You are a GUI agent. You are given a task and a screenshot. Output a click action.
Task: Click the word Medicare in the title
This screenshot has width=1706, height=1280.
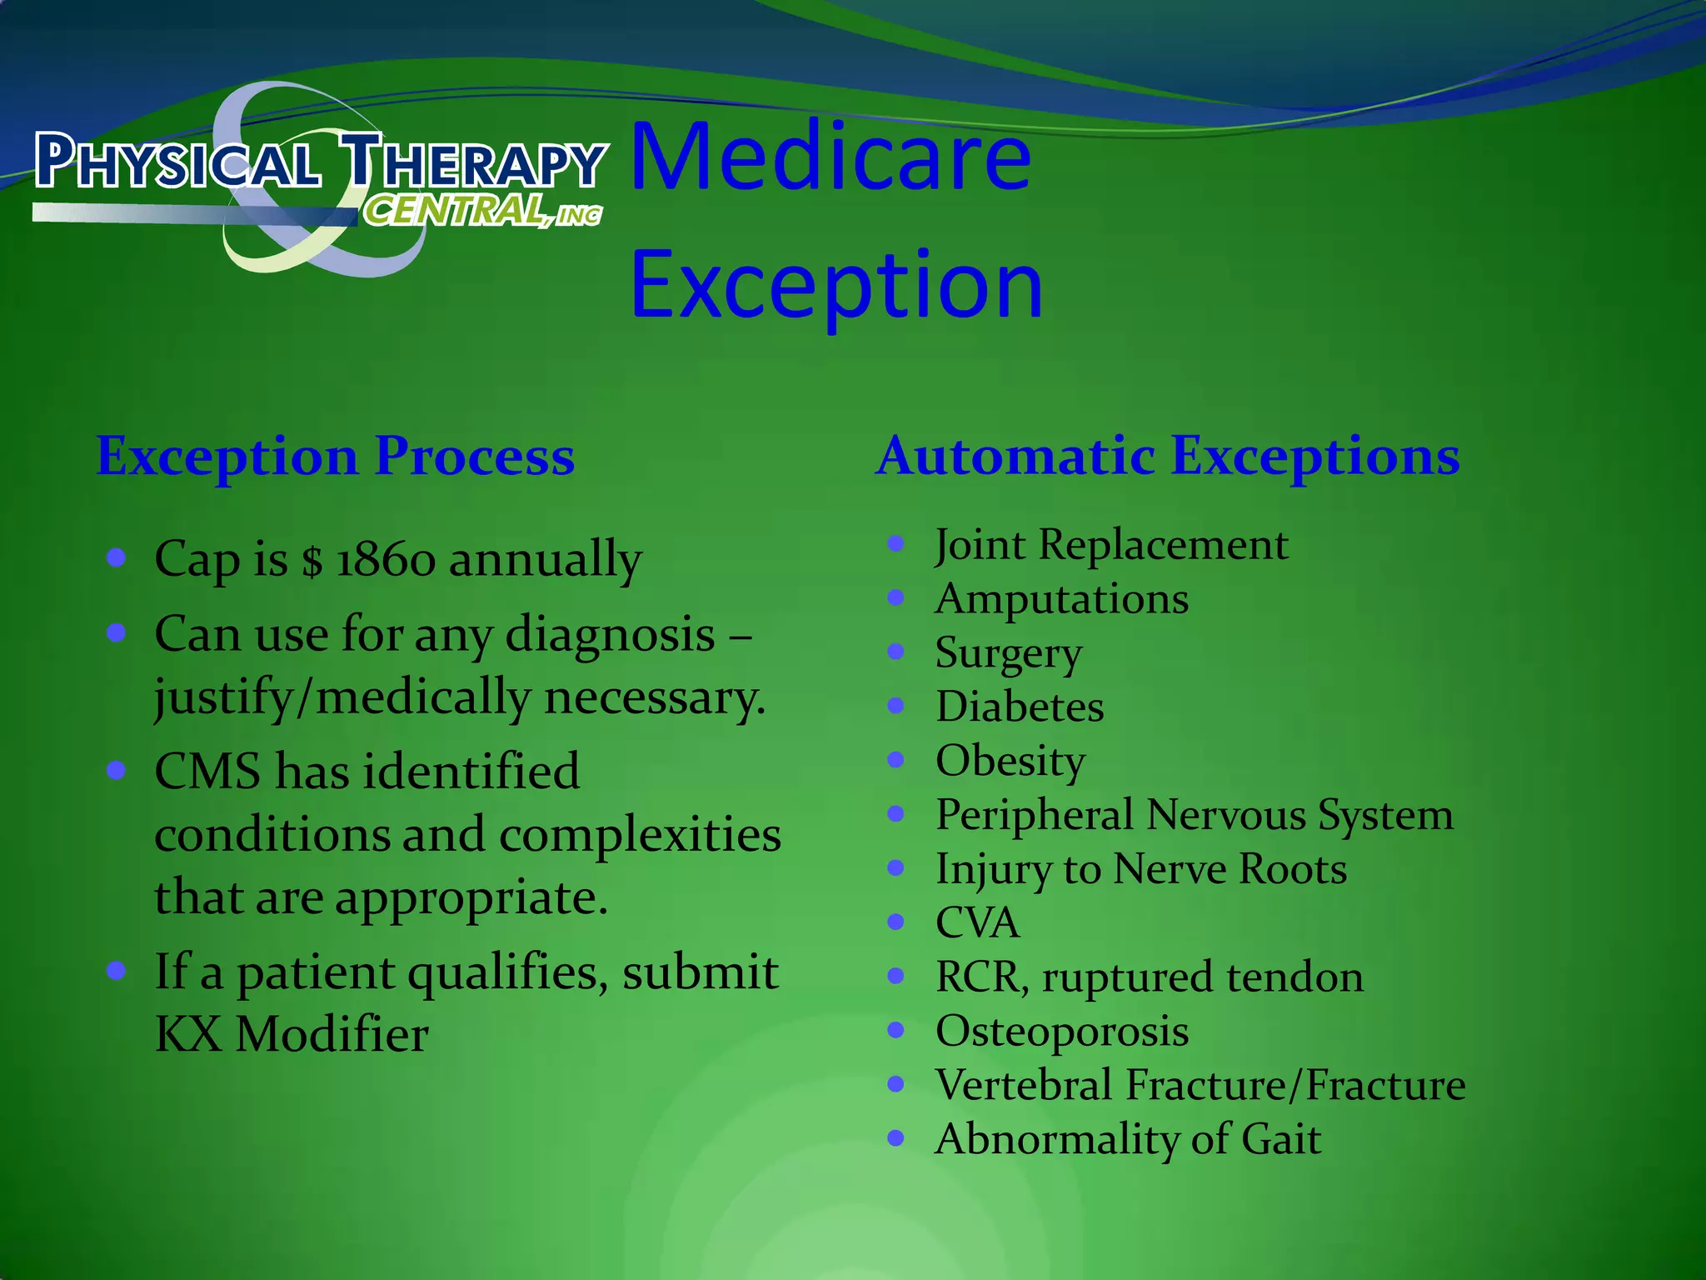click(830, 157)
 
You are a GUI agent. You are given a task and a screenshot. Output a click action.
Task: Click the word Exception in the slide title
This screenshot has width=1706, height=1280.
click(836, 285)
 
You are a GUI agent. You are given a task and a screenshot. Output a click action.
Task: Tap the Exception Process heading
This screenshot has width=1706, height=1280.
click(335, 457)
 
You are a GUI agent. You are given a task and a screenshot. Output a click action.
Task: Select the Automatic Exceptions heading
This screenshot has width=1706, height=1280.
click(1167, 457)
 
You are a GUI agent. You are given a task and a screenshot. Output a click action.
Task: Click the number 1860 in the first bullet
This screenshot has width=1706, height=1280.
click(385, 559)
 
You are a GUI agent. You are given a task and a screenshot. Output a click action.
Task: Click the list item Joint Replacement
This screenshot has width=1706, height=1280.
click(1111, 545)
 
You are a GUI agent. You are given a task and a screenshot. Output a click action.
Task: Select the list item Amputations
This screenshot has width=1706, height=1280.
click(1061, 599)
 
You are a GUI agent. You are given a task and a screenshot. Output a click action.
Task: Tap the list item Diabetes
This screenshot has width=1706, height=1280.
click(1020, 707)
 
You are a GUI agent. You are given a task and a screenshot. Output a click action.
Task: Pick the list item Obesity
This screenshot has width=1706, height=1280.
click(1010, 761)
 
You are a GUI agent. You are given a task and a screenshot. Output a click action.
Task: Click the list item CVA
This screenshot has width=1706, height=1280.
click(977, 922)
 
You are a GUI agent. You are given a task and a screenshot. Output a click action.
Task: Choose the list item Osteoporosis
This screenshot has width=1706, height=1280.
click(1061, 1031)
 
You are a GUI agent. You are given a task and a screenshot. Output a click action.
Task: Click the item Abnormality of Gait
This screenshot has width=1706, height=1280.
click(1127, 1139)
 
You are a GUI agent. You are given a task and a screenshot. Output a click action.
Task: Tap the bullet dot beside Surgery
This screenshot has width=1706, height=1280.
click(895, 651)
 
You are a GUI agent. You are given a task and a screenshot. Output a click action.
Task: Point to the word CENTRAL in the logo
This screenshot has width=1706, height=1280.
click(455, 211)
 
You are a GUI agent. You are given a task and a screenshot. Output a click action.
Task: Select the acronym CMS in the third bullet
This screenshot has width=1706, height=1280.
click(207, 771)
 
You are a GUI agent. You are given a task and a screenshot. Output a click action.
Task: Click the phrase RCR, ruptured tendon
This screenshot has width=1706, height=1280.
click(1149, 977)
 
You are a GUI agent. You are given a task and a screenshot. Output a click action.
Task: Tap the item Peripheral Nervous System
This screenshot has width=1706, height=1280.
click(1194, 815)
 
